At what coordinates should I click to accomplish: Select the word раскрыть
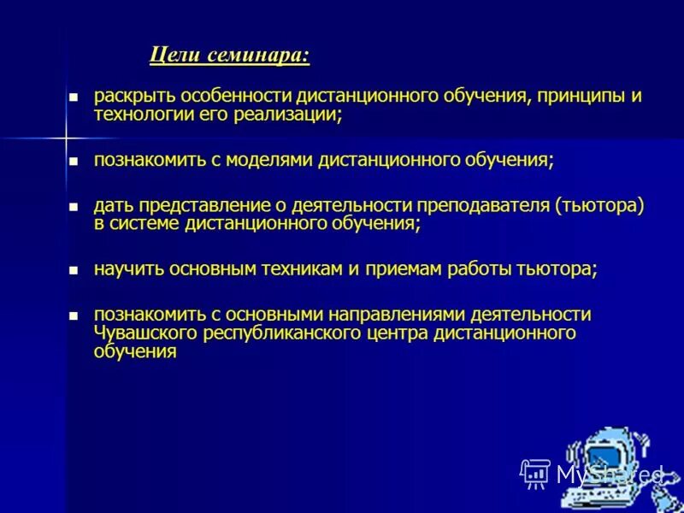[x=127, y=95]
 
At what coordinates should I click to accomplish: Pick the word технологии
[x=138, y=115]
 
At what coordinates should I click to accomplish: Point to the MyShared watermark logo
[x=590, y=473]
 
